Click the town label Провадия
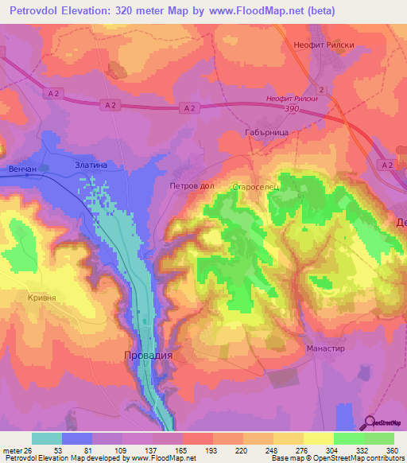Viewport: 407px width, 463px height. [x=148, y=356]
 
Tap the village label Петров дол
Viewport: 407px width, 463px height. [x=192, y=185]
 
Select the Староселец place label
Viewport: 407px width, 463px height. [x=253, y=186]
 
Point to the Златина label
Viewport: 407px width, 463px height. [x=90, y=165]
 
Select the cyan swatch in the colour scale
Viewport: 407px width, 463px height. [x=47, y=438]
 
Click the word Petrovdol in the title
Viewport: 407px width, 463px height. [x=40, y=10]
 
